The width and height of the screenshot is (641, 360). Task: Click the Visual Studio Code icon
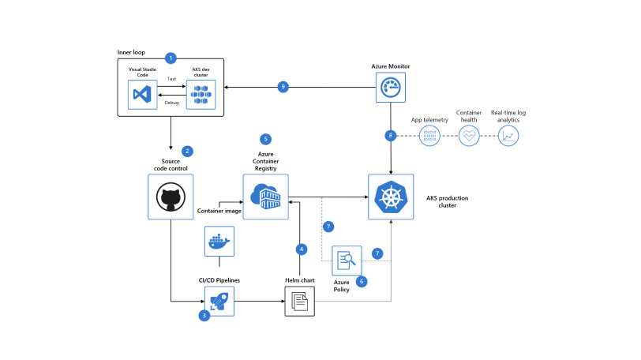click(x=143, y=94)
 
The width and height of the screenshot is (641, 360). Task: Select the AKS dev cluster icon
click(x=201, y=94)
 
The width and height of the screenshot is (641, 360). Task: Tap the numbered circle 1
click(x=171, y=58)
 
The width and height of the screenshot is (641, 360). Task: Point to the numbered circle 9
click(x=284, y=87)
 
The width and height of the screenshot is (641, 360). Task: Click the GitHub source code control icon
click(x=171, y=197)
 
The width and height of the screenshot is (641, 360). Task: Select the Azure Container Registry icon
click(x=265, y=197)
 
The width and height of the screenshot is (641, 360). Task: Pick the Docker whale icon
click(x=220, y=242)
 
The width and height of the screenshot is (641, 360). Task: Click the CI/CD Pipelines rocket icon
click(x=220, y=302)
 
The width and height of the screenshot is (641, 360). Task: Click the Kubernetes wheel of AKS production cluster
click(x=390, y=197)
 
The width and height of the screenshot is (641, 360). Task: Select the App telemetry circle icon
click(x=429, y=136)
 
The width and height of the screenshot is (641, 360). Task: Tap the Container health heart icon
click(x=470, y=136)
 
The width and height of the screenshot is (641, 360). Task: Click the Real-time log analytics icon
click(x=508, y=136)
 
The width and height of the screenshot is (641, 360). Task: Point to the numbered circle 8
click(x=390, y=136)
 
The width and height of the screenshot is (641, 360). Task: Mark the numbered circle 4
click(x=301, y=249)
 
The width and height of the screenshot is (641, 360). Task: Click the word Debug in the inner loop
click(x=171, y=103)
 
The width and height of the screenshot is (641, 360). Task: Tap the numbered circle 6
click(x=362, y=281)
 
